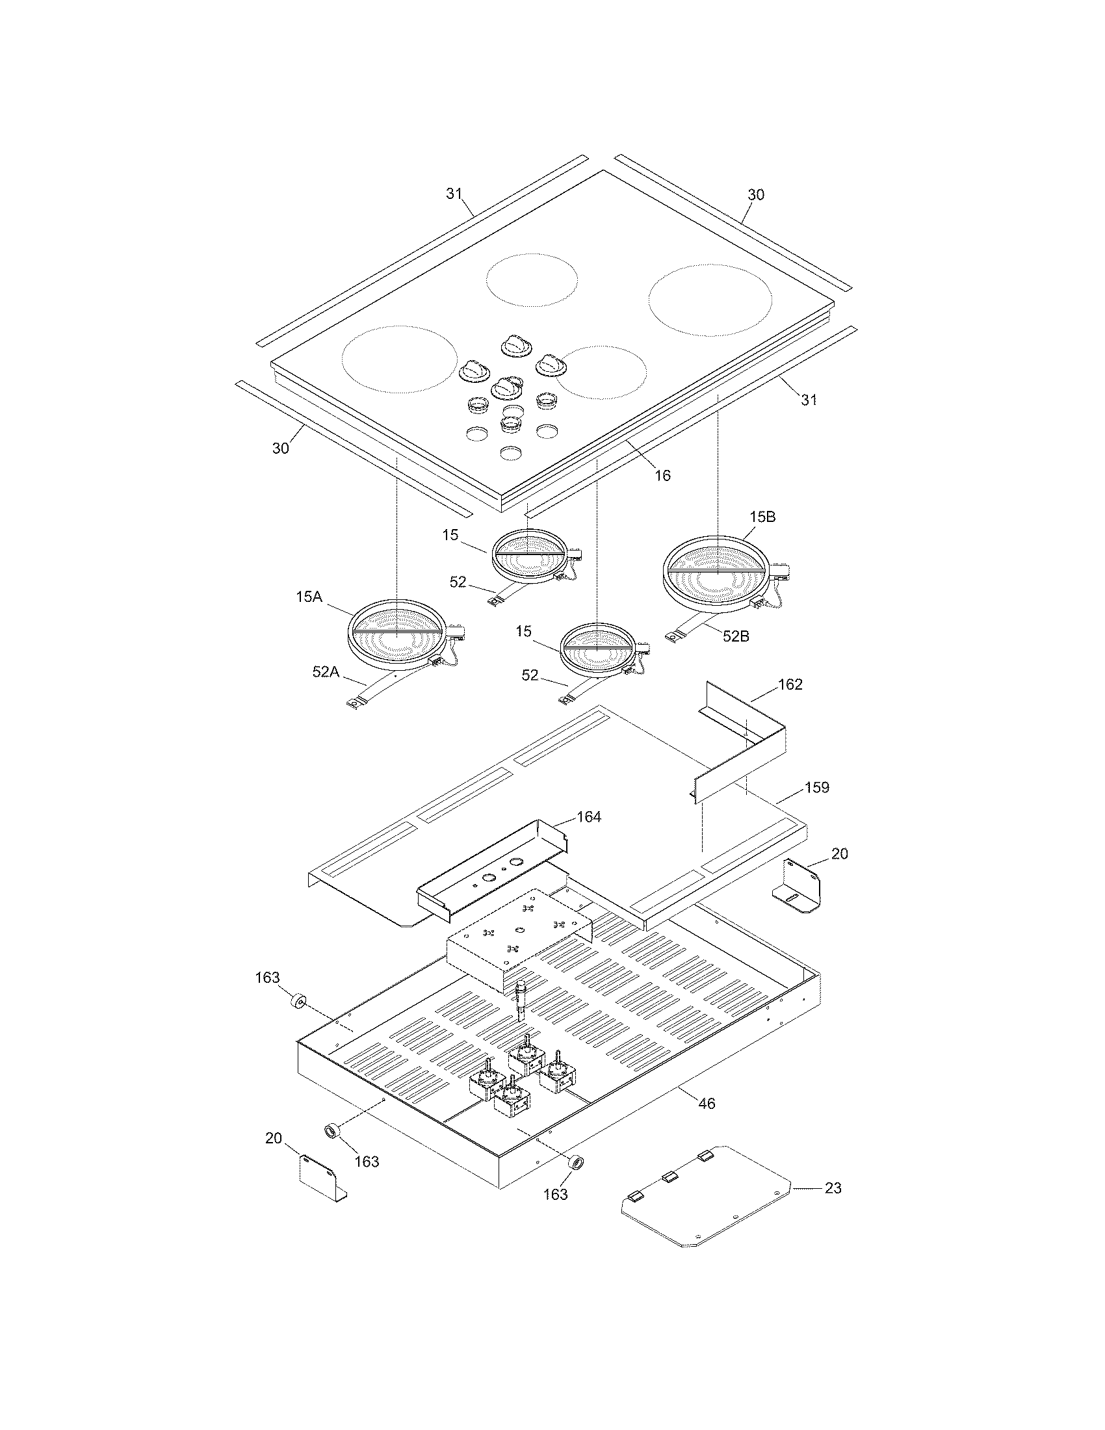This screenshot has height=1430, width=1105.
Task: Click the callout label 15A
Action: click(x=309, y=597)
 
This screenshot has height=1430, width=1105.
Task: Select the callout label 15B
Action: click(x=762, y=517)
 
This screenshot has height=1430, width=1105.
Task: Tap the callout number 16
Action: click(x=662, y=475)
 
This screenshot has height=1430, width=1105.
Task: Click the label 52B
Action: click(x=736, y=636)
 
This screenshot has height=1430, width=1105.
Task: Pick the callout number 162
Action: click(x=790, y=684)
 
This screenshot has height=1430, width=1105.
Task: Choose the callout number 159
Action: click(x=816, y=787)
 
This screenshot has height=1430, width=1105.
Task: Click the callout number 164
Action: click(x=588, y=816)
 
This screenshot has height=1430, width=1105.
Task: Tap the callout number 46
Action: click(x=707, y=1103)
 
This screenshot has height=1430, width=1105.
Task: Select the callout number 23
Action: click(x=833, y=1187)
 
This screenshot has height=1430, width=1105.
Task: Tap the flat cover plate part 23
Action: click(x=707, y=1198)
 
